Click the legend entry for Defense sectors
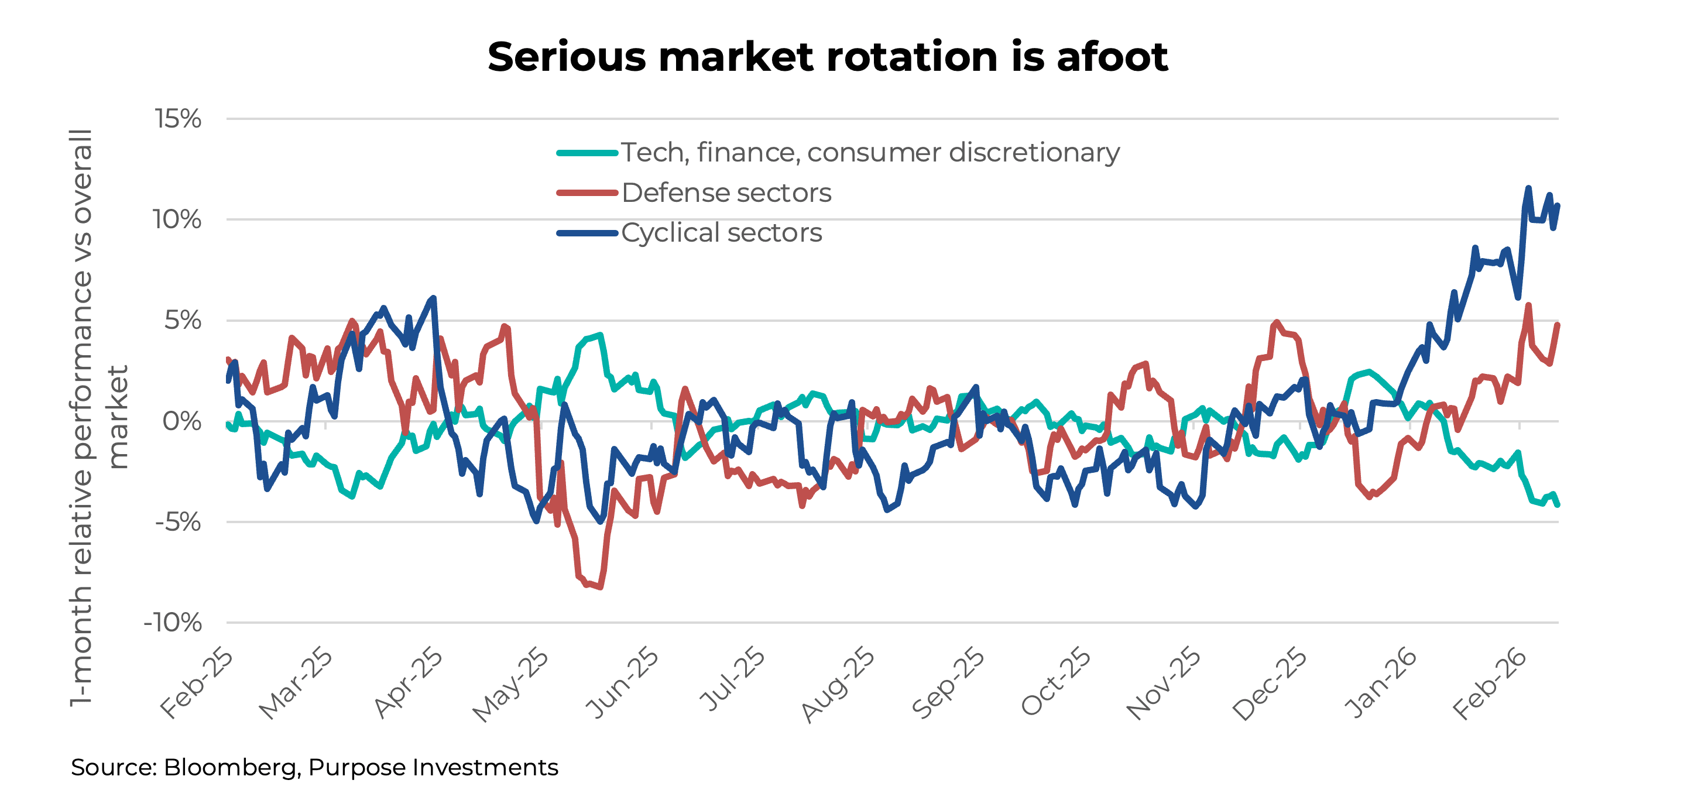tap(726, 193)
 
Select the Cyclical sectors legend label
tap(721, 233)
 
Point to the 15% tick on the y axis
tap(178, 119)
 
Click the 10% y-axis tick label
tap(177, 220)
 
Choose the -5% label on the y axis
tap(178, 523)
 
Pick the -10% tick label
tap(173, 623)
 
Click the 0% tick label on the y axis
tap(181, 422)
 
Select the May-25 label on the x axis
tap(511, 684)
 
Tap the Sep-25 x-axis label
tap(948, 683)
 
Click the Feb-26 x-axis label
tap(1489, 683)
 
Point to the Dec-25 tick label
tap(1270, 683)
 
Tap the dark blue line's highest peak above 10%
tap(1528, 188)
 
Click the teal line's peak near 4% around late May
tap(600, 335)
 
